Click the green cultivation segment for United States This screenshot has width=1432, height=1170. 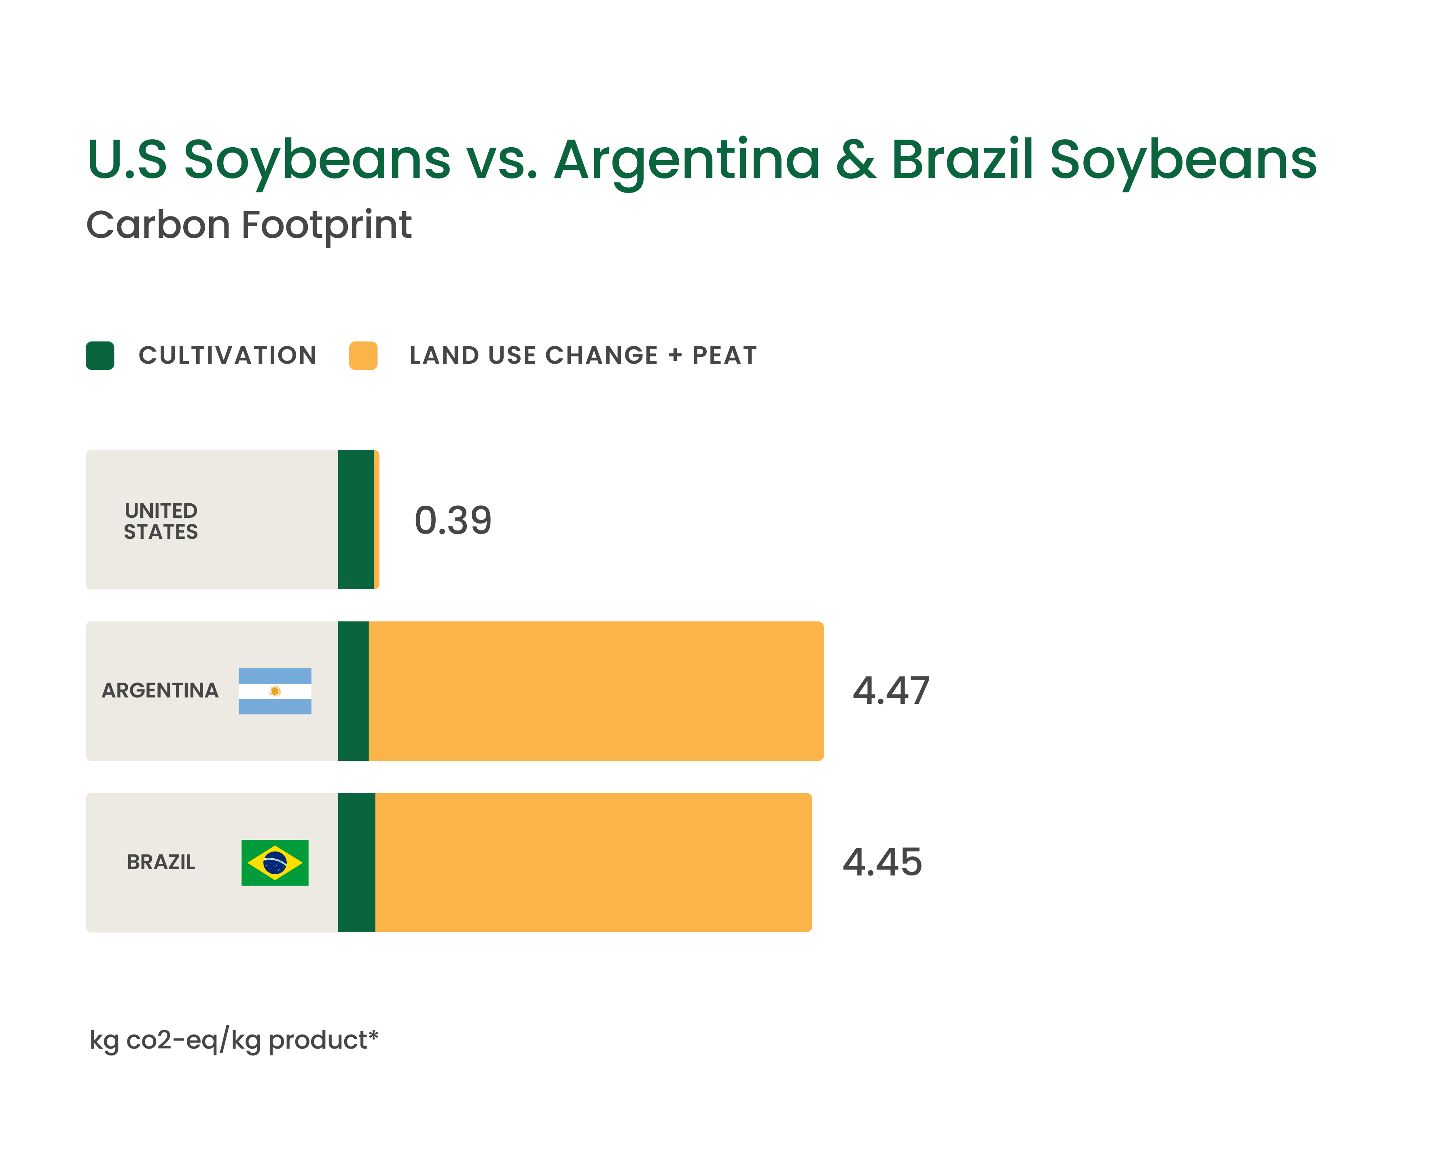(356, 519)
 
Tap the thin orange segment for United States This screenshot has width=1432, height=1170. (377, 519)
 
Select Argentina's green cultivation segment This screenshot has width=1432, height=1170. (353, 691)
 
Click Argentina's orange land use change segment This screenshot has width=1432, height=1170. (596, 691)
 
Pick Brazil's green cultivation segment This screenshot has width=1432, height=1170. (356, 862)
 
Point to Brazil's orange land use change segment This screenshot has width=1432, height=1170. (593, 862)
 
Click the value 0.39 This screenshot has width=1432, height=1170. (453, 520)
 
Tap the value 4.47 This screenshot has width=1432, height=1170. (891, 691)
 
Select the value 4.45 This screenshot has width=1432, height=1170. (882, 862)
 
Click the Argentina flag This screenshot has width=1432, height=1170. (275, 691)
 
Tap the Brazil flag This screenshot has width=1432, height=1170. (275, 862)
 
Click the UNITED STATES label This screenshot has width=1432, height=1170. (161, 521)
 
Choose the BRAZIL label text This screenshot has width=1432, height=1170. (161, 862)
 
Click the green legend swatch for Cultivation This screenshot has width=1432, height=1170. (100, 355)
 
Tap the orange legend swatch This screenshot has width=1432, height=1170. (363, 355)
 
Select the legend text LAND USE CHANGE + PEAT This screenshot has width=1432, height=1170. (583, 355)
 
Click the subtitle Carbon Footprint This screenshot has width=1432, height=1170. (249, 225)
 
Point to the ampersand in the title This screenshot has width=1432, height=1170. (856, 160)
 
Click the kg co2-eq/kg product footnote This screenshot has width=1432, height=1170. (234, 1040)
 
